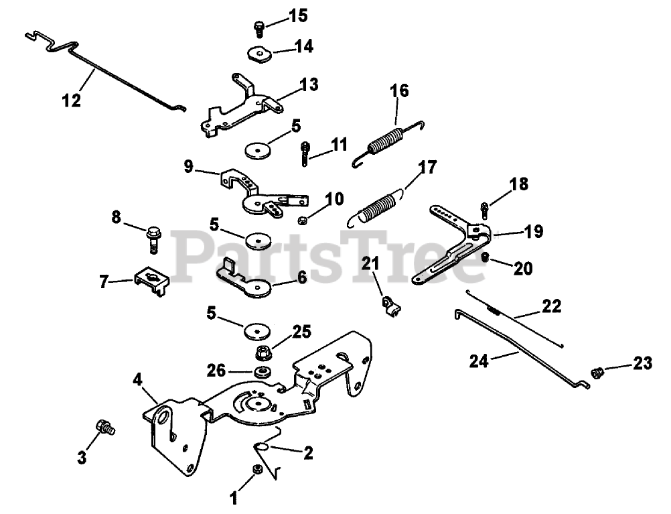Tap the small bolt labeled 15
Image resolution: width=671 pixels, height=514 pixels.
258,28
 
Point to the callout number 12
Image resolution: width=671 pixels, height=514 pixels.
71,101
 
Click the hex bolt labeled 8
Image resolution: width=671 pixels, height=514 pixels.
153,237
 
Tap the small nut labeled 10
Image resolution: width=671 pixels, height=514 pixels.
303,220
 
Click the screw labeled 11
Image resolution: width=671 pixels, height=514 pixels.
305,151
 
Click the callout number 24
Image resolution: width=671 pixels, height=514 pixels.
479,360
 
